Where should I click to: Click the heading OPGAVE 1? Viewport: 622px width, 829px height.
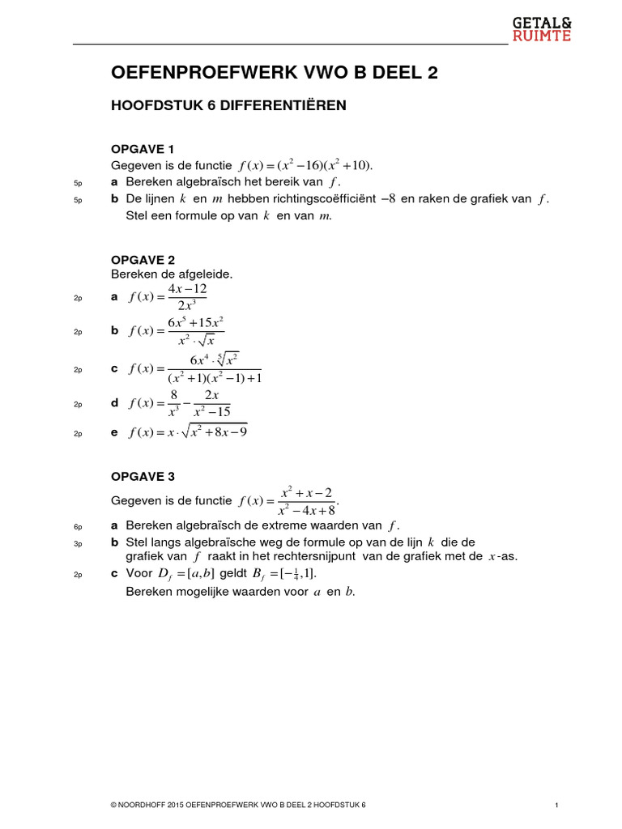(143, 149)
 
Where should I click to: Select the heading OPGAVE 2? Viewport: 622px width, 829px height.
(143, 260)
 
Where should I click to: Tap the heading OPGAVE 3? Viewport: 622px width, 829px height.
(143, 476)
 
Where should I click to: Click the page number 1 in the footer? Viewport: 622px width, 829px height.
(558, 806)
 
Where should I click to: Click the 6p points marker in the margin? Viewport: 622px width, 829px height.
(78, 526)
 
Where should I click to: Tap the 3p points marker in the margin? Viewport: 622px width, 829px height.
(78, 542)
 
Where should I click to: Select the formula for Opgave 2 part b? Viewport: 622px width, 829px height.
(176, 331)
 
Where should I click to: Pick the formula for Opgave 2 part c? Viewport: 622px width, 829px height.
(194, 368)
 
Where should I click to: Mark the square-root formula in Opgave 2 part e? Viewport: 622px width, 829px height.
(188, 433)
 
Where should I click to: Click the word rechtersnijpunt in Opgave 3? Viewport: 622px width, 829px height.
(310, 557)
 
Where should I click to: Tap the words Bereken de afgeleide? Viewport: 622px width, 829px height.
(172, 274)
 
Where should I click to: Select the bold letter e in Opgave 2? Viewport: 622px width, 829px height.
(114, 433)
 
